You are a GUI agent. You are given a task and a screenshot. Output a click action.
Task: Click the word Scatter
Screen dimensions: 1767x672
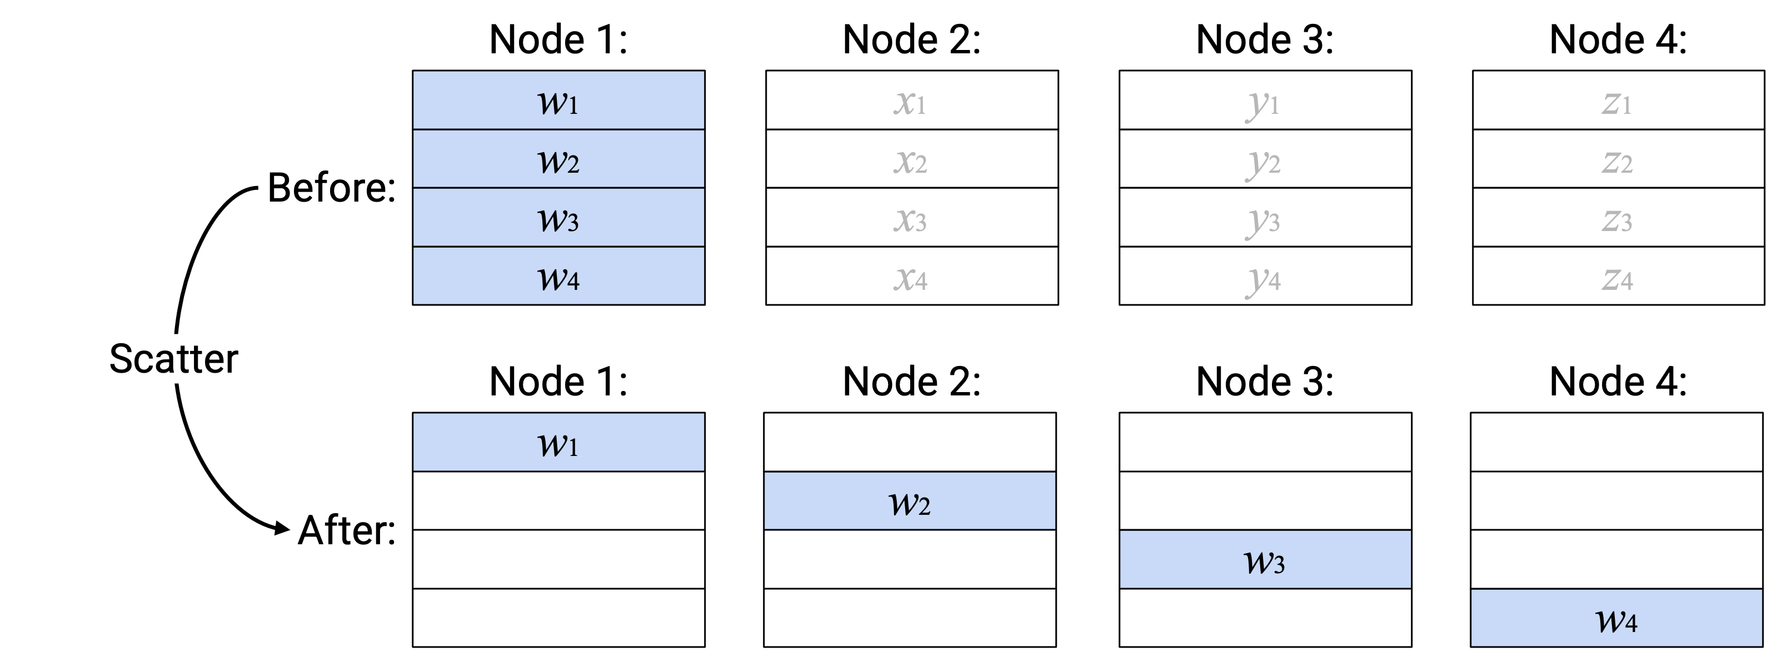(173, 359)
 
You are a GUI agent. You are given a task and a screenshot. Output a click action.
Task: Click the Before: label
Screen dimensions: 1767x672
(331, 187)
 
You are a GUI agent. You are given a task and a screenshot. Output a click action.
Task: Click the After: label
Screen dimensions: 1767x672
(346, 530)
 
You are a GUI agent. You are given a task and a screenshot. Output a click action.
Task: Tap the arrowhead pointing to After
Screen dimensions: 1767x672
(282, 528)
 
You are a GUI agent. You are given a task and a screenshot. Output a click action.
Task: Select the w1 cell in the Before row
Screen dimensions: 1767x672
(558, 100)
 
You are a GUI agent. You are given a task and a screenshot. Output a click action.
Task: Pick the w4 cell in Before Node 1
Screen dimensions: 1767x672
(558, 275)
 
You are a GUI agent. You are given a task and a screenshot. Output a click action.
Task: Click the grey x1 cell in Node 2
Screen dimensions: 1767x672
(912, 100)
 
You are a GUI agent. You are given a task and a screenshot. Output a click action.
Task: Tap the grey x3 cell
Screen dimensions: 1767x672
(912, 217)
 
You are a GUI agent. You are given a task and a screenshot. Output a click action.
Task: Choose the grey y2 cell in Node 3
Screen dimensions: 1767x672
(1265, 158)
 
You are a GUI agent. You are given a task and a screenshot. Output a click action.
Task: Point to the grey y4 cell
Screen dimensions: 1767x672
(1265, 275)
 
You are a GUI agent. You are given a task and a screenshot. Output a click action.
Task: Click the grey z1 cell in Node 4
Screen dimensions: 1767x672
(1618, 100)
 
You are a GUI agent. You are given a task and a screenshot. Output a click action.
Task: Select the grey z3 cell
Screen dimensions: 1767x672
(1618, 217)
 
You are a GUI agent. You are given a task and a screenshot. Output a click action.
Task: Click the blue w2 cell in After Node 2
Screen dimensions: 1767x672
(910, 500)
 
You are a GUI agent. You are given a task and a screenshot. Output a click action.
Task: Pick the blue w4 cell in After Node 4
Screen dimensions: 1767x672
(1616, 618)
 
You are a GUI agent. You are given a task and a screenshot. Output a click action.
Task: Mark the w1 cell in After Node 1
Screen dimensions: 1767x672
(558, 442)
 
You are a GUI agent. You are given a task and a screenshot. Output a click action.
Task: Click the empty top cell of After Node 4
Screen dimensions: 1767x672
(1616, 442)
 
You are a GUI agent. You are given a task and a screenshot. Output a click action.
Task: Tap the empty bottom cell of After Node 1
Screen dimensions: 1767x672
(558, 618)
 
